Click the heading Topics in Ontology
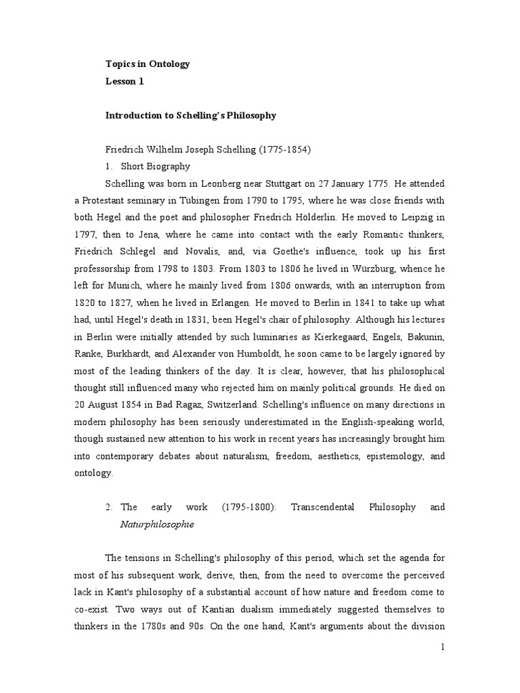point(148,64)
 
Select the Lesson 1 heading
point(125,81)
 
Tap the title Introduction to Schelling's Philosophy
point(191,115)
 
